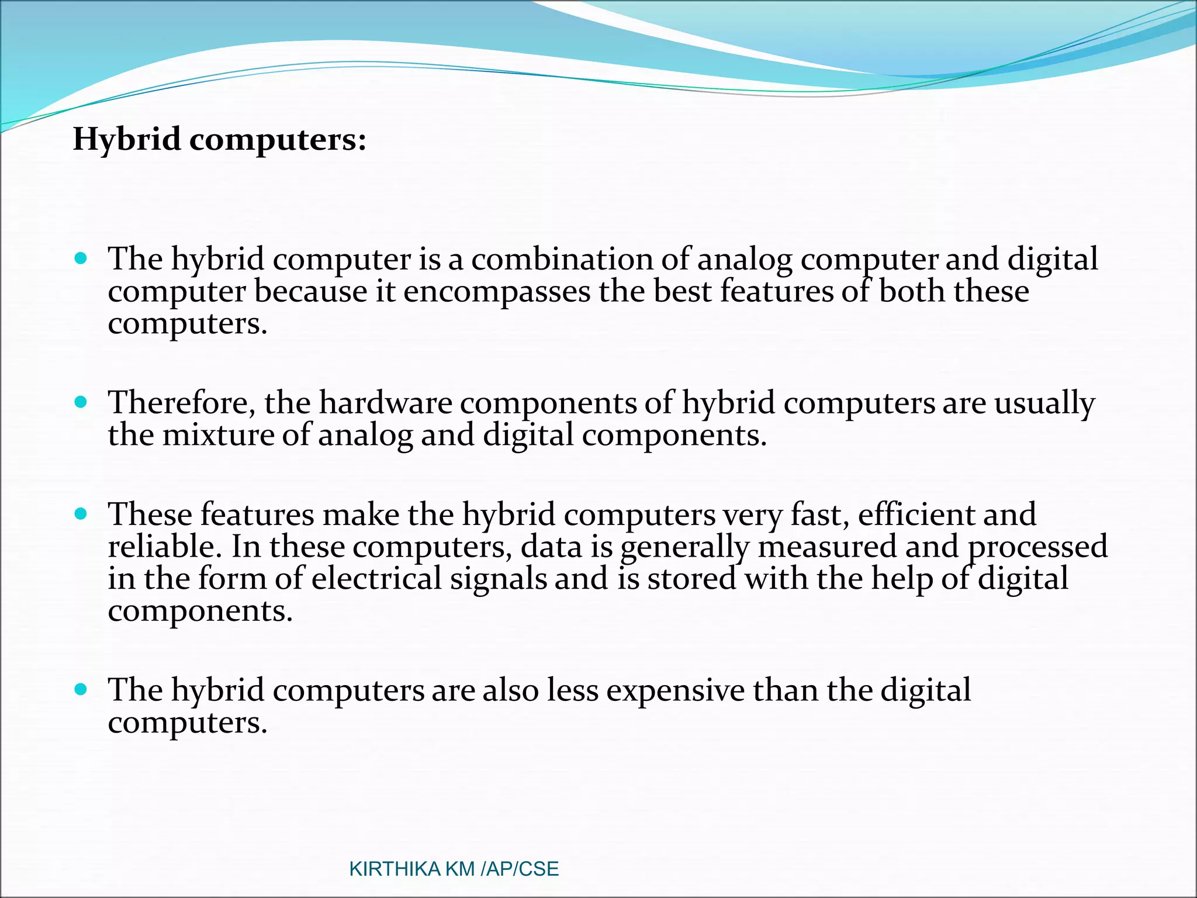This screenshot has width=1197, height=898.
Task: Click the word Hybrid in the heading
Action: tap(126, 140)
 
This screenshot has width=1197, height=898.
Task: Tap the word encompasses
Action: tap(497, 291)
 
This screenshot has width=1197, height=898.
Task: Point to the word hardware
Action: tap(385, 403)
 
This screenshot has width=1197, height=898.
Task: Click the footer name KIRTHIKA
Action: tap(395, 869)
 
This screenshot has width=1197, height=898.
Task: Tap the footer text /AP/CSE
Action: tap(520, 869)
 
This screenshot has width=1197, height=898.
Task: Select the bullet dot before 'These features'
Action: tap(81, 514)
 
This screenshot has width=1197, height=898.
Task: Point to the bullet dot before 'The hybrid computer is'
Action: tap(81, 258)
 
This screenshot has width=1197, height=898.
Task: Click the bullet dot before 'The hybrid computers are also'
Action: tap(81, 689)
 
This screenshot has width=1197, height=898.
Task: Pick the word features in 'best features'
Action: tap(776, 291)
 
